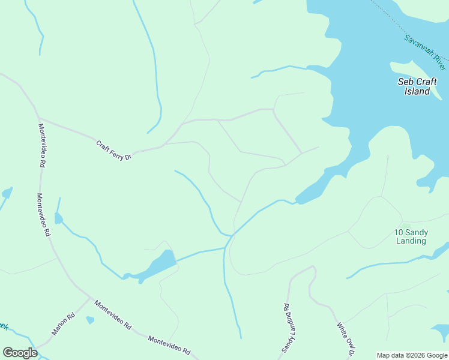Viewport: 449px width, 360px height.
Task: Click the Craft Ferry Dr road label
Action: click(x=113, y=150)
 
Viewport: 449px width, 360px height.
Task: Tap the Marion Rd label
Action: click(x=62, y=324)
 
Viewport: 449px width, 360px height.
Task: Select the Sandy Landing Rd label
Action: click(x=288, y=328)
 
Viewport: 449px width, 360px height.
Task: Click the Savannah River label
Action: click(x=424, y=49)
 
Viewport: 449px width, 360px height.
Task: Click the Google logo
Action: click(x=20, y=353)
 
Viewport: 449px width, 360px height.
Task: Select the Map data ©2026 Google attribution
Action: click(x=412, y=355)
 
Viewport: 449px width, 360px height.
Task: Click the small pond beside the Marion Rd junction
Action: click(x=90, y=320)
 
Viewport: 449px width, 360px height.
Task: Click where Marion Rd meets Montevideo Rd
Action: click(x=90, y=298)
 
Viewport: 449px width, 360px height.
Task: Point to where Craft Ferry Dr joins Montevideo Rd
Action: click(x=38, y=118)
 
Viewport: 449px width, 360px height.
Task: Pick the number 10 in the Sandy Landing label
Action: click(x=398, y=232)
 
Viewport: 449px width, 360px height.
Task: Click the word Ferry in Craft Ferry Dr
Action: click(x=115, y=151)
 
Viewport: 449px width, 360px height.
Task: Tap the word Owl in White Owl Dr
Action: click(x=348, y=340)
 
